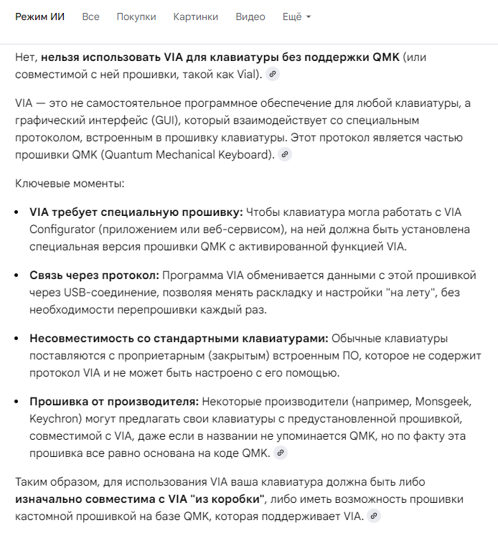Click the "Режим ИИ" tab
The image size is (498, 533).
pyautogui.click(x=40, y=16)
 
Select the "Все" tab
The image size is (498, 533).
pyautogui.click(x=90, y=16)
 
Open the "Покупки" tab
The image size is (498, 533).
pyautogui.click(x=136, y=16)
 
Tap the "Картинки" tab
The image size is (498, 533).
pyautogui.click(x=196, y=16)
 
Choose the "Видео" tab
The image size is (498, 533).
pyautogui.click(x=250, y=16)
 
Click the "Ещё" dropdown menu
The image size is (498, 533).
pyautogui.click(x=296, y=16)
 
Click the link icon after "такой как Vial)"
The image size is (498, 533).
pyautogui.click(x=272, y=74)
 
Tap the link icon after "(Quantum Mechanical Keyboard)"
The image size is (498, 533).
pyautogui.click(x=285, y=154)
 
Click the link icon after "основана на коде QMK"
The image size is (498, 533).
pyautogui.click(x=281, y=453)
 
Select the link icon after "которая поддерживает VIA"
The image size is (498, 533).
pyautogui.click(x=372, y=516)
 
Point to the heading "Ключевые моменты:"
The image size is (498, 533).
pyautogui.click(x=70, y=184)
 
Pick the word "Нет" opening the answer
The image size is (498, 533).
pyautogui.click(x=26, y=57)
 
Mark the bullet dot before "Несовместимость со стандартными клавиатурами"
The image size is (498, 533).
pyautogui.click(x=19, y=339)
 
